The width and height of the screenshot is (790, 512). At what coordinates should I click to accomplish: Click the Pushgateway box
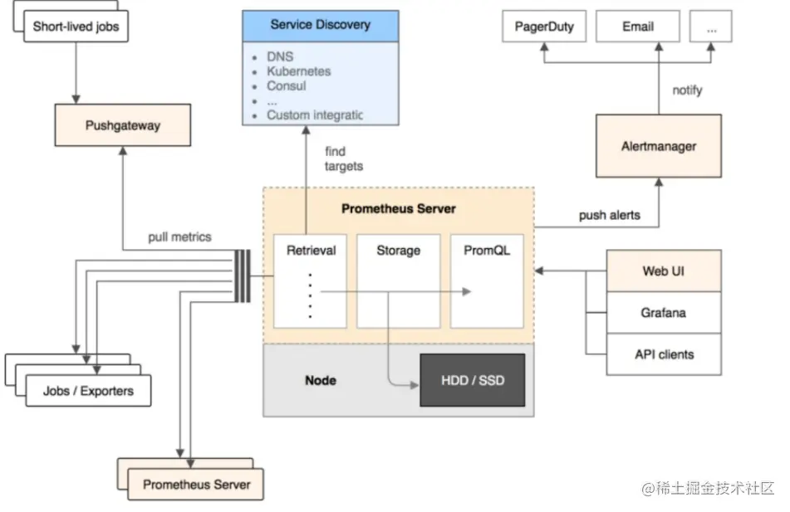pyautogui.click(x=123, y=126)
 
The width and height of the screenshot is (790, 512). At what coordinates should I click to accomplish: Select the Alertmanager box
pyautogui.click(x=658, y=146)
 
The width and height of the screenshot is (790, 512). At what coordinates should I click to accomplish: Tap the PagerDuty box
pyautogui.click(x=543, y=27)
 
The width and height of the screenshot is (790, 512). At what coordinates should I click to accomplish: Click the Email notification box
pyautogui.click(x=638, y=27)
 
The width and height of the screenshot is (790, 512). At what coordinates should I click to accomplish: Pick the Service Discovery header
pyautogui.click(x=320, y=26)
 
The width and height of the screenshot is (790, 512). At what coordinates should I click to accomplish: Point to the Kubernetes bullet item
pyautogui.click(x=298, y=71)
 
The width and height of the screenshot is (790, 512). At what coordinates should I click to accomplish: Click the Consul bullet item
pyautogui.click(x=286, y=86)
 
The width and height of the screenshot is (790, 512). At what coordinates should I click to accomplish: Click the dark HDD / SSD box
pyautogui.click(x=473, y=381)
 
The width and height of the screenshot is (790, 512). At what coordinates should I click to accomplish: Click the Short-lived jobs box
pyautogui.click(x=76, y=27)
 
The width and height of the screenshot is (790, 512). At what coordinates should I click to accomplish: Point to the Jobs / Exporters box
pyautogui.click(x=87, y=390)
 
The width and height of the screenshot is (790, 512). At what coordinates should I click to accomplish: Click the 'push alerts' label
pyautogui.click(x=609, y=215)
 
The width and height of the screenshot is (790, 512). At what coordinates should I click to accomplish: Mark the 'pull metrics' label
pyautogui.click(x=179, y=236)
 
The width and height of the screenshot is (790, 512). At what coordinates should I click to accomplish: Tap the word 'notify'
pyautogui.click(x=686, y=90)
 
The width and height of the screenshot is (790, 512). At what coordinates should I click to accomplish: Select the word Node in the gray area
pyautogui.click(x=321, y=380)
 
